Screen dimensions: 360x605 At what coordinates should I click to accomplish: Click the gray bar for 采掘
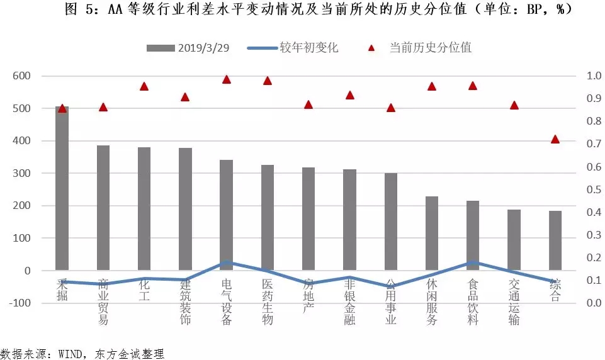pos(62,189)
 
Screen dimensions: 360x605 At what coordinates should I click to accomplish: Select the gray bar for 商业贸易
pos(103,208)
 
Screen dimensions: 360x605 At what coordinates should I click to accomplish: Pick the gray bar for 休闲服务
pos(432,233)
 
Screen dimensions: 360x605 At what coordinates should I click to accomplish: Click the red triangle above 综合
pos(555,139)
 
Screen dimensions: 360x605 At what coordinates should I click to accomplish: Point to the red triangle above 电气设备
pos(227,79)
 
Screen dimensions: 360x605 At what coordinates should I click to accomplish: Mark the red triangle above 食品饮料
pos(473,86)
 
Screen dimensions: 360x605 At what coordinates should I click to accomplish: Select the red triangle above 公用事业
pos(391,108)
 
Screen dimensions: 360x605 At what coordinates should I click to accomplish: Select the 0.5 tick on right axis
pos(594,189)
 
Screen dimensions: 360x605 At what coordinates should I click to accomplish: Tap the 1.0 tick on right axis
pos(594,76)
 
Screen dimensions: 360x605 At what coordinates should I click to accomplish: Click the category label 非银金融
pos(349,302)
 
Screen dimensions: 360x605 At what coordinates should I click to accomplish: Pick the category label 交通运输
pos(514,302)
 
